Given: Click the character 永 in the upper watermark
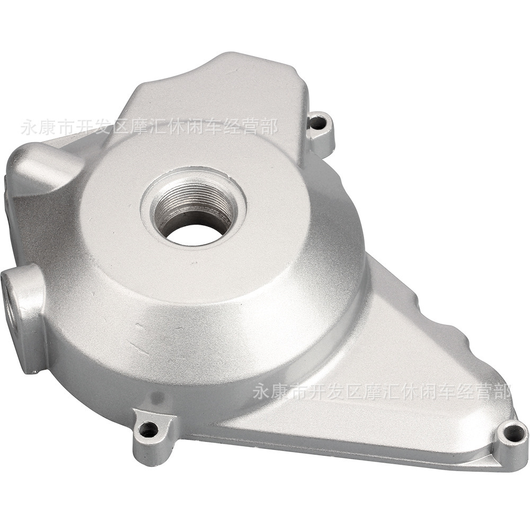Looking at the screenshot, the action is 30,128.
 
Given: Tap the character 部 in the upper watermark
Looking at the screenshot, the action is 269,128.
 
